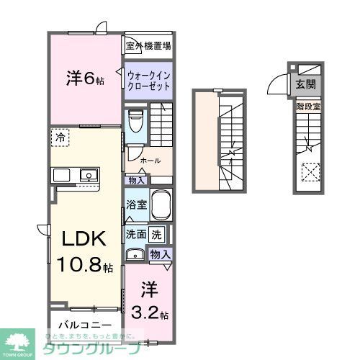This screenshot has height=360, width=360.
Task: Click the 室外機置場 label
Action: (x=148, y=47)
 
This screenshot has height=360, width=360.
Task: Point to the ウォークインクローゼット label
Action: (x=148, y=80)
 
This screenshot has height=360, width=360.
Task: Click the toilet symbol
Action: (x=135, y=120)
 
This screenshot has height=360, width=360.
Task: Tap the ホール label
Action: (x=150, y=160)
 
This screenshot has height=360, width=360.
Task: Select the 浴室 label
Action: (x=135, y=204)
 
